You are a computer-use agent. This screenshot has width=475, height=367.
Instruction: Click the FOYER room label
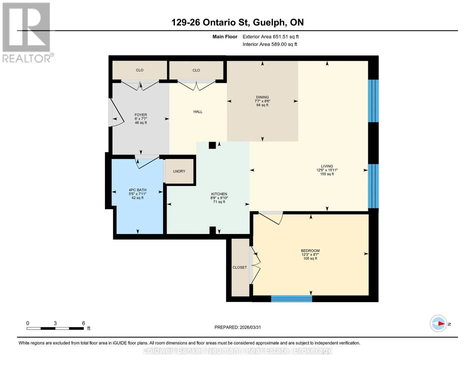[141, 115]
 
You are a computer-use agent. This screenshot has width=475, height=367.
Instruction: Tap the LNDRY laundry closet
[179, 171]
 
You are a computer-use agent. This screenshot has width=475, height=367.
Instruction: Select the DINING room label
[262, 97]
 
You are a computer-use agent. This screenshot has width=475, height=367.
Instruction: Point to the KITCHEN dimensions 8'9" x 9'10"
[219, 198]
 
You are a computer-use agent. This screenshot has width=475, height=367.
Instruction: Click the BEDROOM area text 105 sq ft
[310, 258]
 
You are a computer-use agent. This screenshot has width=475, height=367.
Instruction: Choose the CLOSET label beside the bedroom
[239, 267]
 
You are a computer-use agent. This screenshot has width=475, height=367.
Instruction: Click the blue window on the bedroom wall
[291, 298]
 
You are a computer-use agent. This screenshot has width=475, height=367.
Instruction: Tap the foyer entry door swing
[116, 113]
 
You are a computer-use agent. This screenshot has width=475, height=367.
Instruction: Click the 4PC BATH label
[138, 190]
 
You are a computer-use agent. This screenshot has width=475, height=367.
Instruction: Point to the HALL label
[198, 112]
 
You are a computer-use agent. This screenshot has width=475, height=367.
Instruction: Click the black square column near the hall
[212, 145]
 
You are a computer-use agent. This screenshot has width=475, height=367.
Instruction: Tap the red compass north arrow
[441, 324]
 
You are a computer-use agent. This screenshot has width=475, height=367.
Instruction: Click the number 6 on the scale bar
[83, 323]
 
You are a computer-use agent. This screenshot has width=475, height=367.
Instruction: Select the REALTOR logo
[27, 33]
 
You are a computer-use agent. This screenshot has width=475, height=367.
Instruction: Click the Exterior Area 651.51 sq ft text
[271, 37]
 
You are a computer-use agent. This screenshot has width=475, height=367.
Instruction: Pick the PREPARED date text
[238, 327]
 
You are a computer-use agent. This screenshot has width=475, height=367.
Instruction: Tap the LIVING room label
[327, 166]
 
